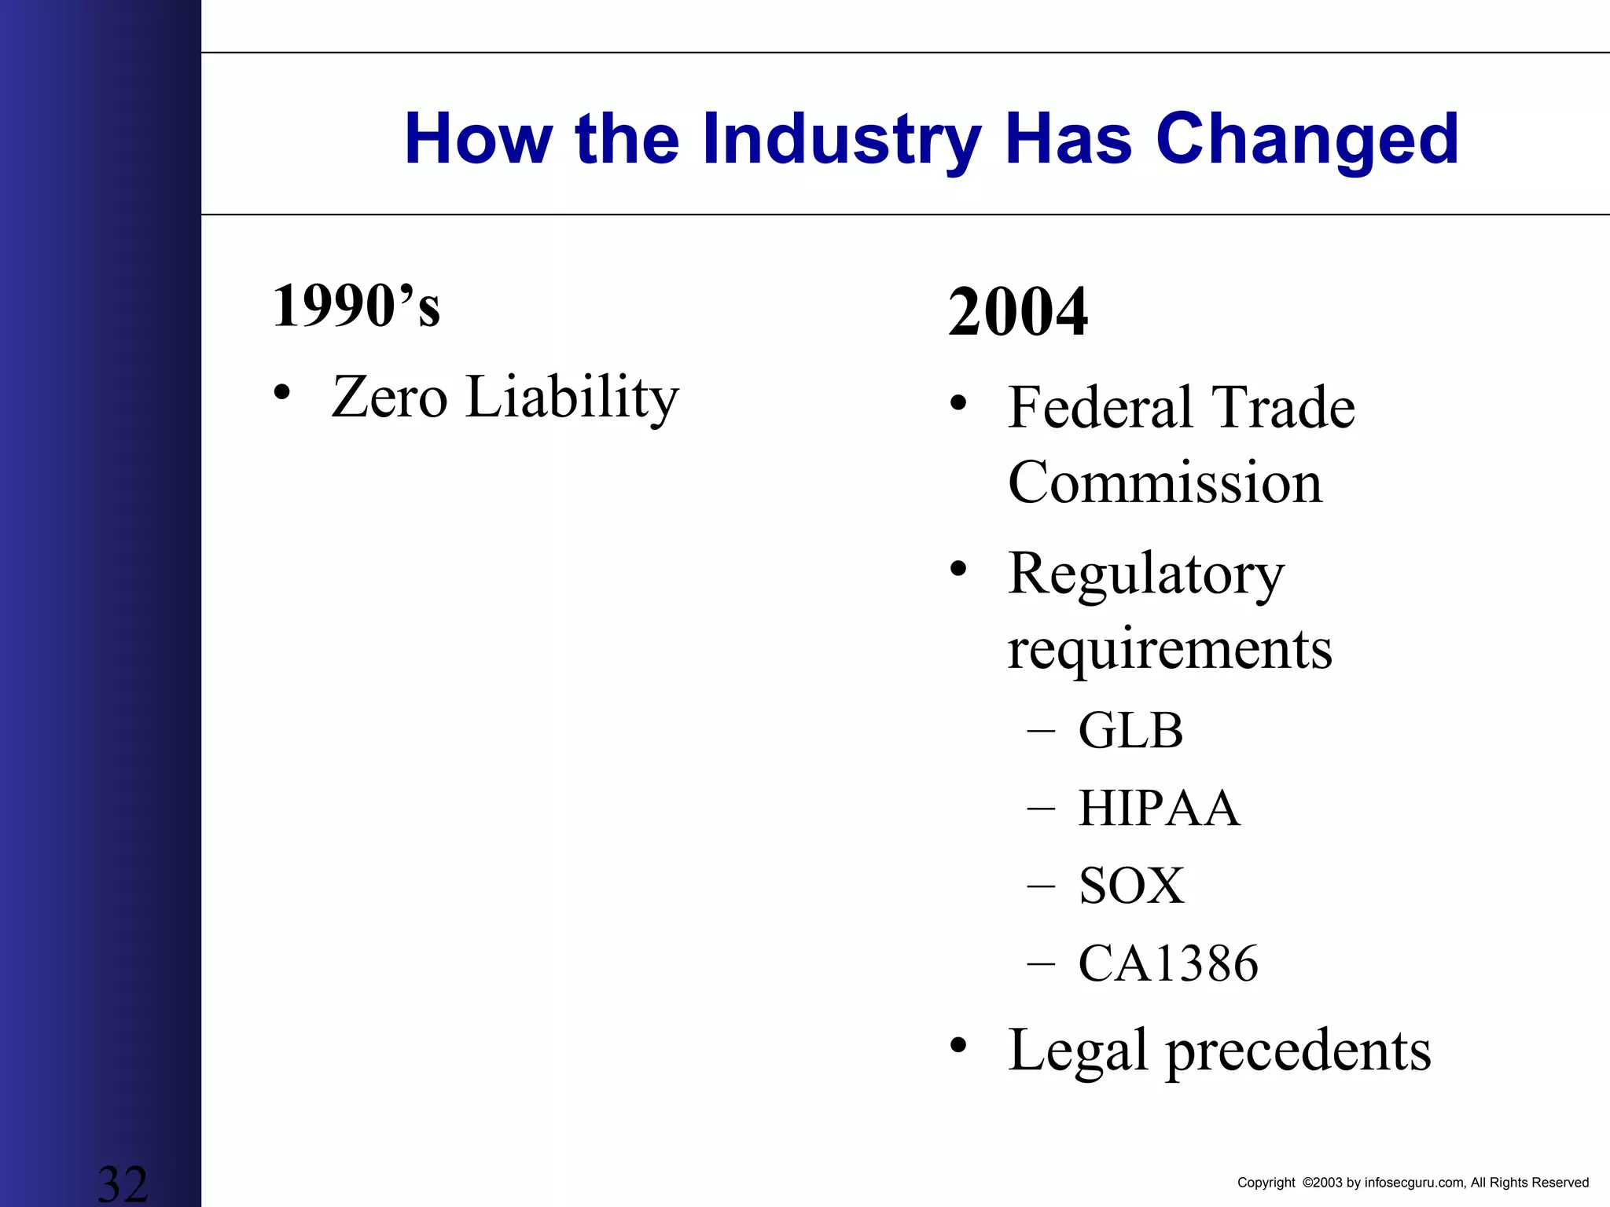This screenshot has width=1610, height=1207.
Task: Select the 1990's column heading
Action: [356, 306]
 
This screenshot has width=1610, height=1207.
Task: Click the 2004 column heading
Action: [1018, 312]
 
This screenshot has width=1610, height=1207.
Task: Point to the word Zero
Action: [390, 397]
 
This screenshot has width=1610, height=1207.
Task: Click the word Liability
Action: [572, 397]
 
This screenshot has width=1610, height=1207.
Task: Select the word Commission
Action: [1165, 482]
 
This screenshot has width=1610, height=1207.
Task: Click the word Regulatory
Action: [1146, 574]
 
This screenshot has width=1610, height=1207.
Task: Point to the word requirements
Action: [1170, 649]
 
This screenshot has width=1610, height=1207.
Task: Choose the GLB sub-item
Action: [1130, 730]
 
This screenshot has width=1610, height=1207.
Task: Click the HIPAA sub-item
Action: [1159, 808]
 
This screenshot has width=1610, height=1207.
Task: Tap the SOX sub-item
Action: [1131, 886]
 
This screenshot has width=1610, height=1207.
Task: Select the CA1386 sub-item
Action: [1168, 963]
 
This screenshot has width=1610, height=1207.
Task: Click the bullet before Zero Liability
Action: [281, 392]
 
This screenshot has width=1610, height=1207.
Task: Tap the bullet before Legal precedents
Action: [958, 1046]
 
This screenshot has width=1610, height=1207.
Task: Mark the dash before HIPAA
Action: [1041, 809]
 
